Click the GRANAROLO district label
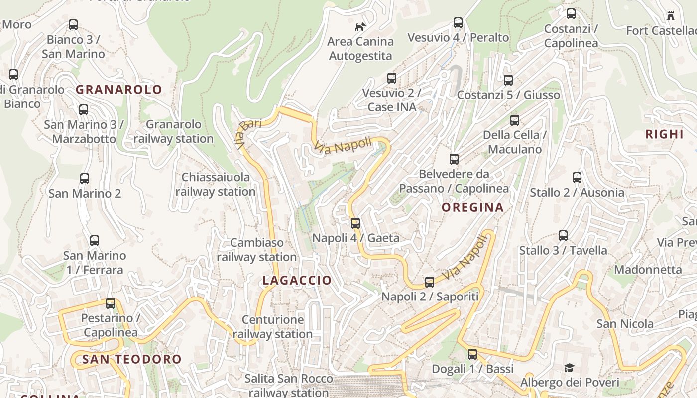pyautogui.click(x=118, y=90)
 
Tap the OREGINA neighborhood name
pyautogui.click(x=472, y=207)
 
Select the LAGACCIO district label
pyautogui.click(x=297, y=280)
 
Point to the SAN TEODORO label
pyautogui.click(x=132, y=359)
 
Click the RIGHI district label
pyautogui.click(x=664, y=134)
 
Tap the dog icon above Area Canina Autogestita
pyautogui.click(x=360, y=27)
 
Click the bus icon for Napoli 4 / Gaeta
pyautogui.click(x=355, y=223)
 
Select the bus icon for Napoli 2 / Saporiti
pyautogui.click(x=430, y=282)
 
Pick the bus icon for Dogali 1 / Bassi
pyautogui.click(x=472, y=354)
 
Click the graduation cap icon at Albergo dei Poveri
pyautogui.click(x=569, y=368)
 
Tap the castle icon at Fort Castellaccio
pyautogui.click(x=671, y=16)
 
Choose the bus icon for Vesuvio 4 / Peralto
pyautogui.click(x=458, y=23)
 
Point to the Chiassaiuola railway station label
pyautogui.click(x=215, y=184)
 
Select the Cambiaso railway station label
pyautogui.click(x=256, y=250)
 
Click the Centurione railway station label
pyautogui.click(x=272, y=327)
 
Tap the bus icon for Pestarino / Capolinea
pyautogui.click(x=111, y=303)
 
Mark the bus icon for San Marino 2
pyautogui.click(x=85, y=178)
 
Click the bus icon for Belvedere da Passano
pyautogui.click(x=454, y=159)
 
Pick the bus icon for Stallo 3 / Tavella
pyautogui.click(x=563, y=235)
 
